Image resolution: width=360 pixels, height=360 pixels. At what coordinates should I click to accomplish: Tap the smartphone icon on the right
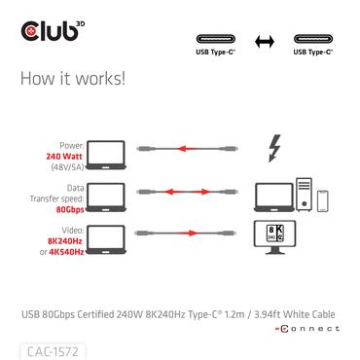click(323, 198)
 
